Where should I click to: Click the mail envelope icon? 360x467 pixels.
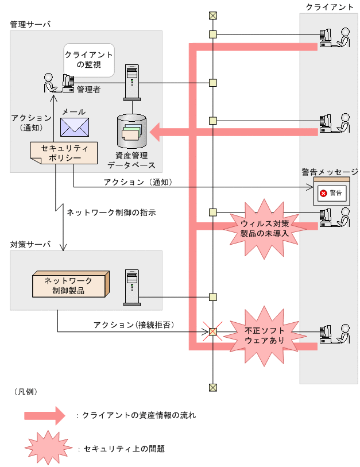pos(75,127)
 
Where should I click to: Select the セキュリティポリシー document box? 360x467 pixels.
pos(64,153)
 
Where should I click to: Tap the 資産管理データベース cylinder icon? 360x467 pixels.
pos(131,131)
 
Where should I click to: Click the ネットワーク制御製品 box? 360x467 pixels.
pos(71,284)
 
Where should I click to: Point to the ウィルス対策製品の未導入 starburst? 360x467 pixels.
pos(265,229)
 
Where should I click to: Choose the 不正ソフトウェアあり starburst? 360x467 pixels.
pos(265,335)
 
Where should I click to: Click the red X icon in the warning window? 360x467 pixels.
pos(323,194)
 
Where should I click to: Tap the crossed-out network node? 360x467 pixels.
pos(212,331)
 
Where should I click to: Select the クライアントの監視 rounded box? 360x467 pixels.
pos(89,60)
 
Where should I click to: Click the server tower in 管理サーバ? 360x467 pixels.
pos(132,83)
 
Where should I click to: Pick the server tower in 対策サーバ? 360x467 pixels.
pos(132,288)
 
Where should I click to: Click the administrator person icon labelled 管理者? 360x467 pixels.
pos(50,83)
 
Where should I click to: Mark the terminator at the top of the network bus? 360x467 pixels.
pos(212,16)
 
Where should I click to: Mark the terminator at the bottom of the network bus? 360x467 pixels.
pos(212,388)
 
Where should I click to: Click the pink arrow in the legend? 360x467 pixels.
pos(45,415)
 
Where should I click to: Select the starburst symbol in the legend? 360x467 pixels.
pos(49,447)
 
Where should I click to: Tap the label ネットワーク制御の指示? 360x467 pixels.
pos(111,213)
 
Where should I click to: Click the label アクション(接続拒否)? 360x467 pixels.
pos(134,325)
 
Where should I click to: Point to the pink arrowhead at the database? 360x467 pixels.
pos(155,132)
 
